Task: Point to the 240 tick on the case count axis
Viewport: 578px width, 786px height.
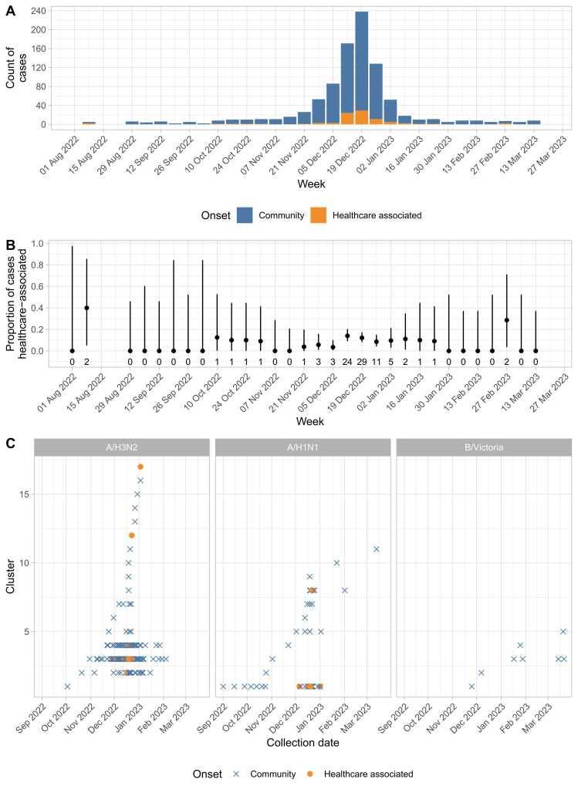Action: pos(37,12)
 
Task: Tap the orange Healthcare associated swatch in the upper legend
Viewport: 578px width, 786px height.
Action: pos(318,215)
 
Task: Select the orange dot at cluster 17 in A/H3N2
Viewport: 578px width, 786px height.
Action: pos(140,467)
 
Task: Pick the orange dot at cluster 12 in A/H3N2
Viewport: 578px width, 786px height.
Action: pos(131,535)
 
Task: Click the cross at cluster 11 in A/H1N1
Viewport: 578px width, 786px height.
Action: pos(377,549)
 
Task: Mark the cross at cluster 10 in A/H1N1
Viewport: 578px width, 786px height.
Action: pos(336,563)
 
